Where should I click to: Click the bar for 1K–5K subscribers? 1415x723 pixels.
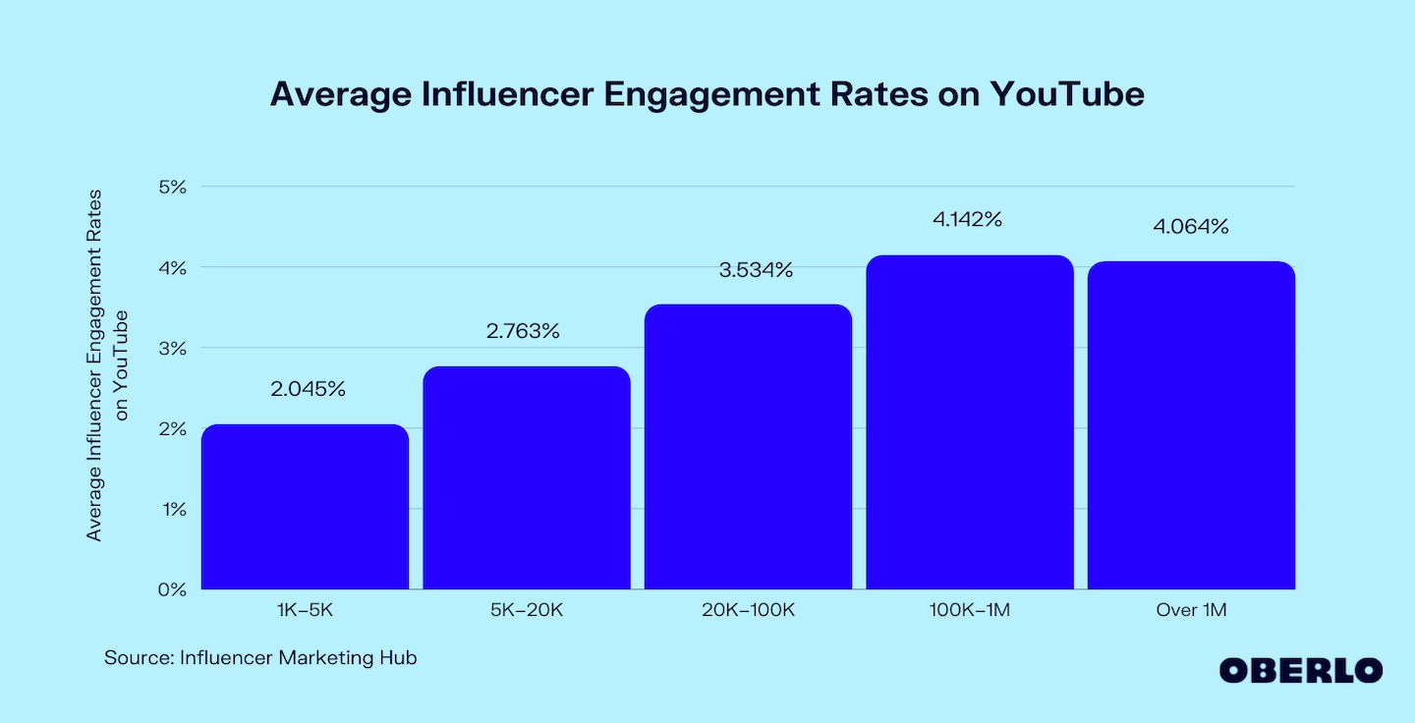[305, 507]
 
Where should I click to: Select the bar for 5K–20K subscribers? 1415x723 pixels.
[527, 477]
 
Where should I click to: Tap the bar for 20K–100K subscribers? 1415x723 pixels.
[748, 447]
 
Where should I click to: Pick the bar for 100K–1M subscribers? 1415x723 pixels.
[969, 422]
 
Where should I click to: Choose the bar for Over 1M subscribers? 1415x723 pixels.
[1191, 425]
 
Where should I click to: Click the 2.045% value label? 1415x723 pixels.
[308, 389]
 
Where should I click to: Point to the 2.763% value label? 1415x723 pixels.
[523, 331]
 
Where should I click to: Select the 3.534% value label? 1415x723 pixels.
[756, 269]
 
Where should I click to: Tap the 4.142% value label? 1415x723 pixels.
[967, 220]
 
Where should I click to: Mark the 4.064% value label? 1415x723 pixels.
[1191, 227]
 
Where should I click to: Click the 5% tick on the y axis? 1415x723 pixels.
[171, 187]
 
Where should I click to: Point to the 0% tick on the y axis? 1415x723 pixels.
[171, 589]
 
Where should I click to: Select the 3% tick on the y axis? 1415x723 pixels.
[171, 348]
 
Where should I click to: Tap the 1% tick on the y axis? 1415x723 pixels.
[171, 509]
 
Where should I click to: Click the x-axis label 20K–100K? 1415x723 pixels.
[748, 611]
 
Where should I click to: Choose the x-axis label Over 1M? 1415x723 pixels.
[1191, 611]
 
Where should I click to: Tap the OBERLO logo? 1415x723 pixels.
[1300, 671]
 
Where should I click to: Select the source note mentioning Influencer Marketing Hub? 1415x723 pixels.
[260, 658]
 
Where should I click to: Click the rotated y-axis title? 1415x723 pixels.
[108, 363]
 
